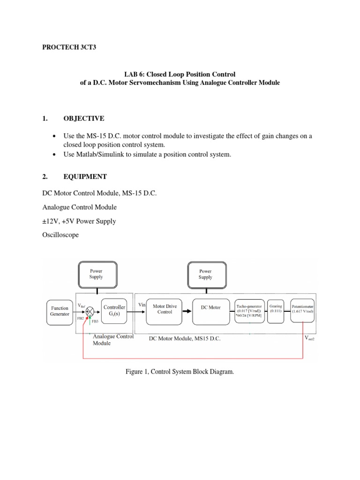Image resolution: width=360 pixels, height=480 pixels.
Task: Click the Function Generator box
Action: [60, 311]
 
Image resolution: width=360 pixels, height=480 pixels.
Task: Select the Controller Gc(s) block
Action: [114, 311]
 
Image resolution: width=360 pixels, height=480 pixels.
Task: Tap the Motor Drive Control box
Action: [165, 309]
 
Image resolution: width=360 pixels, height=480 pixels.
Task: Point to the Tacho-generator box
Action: [250, 309]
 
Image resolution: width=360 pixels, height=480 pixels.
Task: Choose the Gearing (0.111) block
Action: [276, 309]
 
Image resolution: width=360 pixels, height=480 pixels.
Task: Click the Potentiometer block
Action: [302, 309]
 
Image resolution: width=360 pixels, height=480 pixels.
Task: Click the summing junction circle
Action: [90, 311]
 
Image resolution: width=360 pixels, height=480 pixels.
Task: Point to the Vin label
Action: [142, 305]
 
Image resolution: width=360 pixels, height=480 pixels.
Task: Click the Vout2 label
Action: [310, 337]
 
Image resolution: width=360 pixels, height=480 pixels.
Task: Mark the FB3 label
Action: [95, 322]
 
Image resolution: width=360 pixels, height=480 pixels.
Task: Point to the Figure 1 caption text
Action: [180, 372]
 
